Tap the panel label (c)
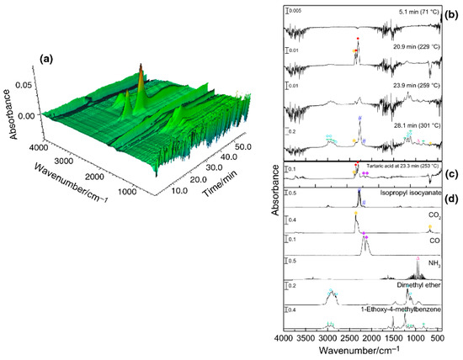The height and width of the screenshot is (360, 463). click(453, 175)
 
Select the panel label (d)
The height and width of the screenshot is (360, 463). click(453, 200)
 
